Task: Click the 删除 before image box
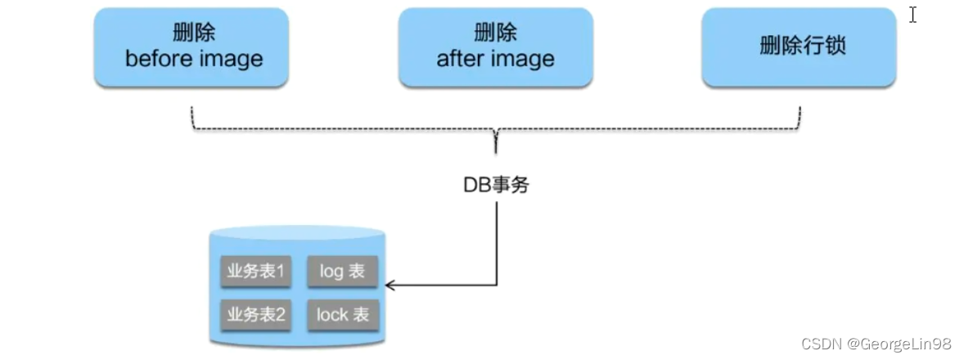(x=191, y=47)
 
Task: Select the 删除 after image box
(x=495, y=47)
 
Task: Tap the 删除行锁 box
(x=799, y=47)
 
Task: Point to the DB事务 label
(x=496, y=185)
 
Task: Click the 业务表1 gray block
(x=256, y=272)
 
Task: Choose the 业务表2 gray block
(x=256, y=314)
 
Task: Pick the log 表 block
(x=342, y=272)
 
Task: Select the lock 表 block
(x=342, y=314)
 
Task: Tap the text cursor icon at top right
(x=912, y=15)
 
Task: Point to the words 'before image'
(x=194, y=59)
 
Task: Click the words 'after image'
(x=495, y=59)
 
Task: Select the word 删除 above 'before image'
(x=194, y=34)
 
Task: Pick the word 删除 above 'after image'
(x=495, y=34)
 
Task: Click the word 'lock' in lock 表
(x=332, y=314)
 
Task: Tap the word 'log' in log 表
(x=331, y=272)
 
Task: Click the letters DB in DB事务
(x=475, y=185)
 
